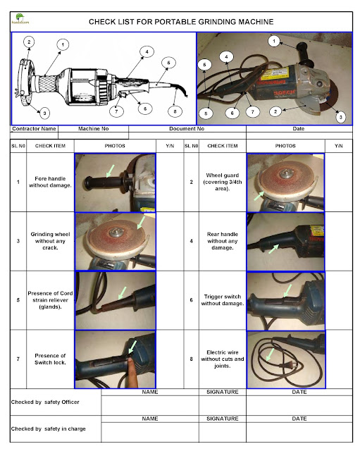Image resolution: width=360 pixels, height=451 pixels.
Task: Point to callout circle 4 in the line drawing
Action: point(147,51)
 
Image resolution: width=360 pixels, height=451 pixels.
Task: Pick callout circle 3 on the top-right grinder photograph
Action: point(340,116)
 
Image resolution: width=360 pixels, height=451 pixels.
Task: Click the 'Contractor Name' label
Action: point(34,129)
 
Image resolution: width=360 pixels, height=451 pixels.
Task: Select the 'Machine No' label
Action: point(93,129)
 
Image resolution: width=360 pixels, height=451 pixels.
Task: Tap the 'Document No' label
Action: point(187,129)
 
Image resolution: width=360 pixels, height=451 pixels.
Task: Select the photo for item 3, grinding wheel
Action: point(115,242)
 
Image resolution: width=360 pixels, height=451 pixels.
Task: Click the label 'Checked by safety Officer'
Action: point(44,402)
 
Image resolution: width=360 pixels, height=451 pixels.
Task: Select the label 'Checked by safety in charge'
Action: point(46,428)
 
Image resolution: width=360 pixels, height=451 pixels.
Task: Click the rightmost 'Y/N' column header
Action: point(338,144)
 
